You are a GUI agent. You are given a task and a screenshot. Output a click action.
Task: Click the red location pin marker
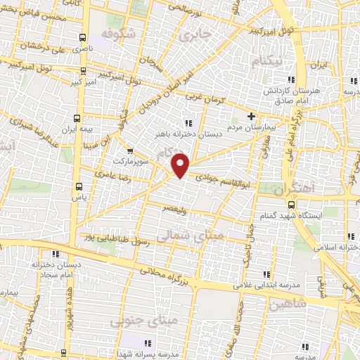point(181,165)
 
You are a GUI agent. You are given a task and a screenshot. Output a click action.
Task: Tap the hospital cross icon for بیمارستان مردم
point(251,116)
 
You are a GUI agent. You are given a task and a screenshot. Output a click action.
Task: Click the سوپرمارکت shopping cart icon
point(129,150)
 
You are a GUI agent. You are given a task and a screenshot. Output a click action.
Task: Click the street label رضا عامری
point(111,172)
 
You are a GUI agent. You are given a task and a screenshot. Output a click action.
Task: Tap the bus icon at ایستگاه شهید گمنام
point(292,204)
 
